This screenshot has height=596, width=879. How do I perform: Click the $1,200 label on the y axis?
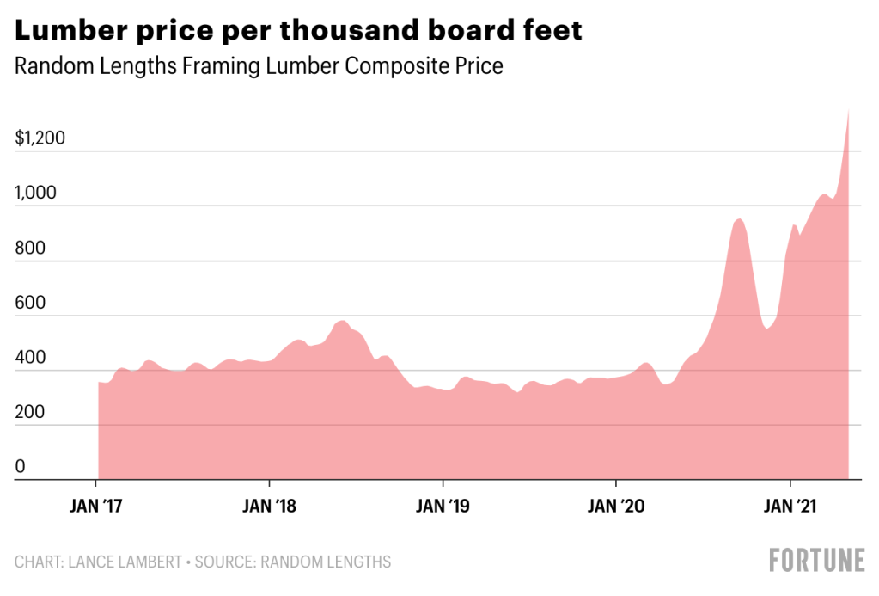point(40,138)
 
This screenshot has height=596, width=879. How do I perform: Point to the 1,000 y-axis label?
point(35,193)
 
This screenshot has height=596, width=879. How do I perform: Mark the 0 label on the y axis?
point(21,467)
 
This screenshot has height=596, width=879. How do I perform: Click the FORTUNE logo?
point(816,560)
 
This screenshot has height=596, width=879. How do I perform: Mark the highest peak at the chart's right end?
point(849,110)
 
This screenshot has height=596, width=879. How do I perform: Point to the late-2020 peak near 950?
point(737,220)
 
